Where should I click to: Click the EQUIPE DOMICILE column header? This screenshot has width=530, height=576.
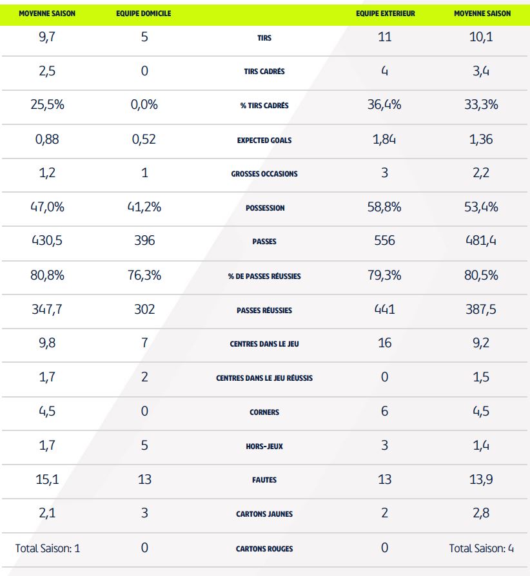point(144,14)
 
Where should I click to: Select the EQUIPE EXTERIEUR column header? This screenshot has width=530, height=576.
point(385,14)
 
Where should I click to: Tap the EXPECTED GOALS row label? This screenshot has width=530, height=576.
point(264,140)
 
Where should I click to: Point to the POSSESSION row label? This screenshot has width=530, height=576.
point(264,208)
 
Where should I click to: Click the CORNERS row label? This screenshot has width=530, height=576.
point(264,412)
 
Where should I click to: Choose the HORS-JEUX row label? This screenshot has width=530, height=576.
point(264,446)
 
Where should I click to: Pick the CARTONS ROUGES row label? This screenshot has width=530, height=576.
point(264,549)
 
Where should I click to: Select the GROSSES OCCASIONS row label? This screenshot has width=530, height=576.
point(264,174)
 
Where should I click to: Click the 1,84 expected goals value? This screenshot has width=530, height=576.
point(384,139)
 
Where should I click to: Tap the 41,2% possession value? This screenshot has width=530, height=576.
point(144,207)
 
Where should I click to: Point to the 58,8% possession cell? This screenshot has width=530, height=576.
point(384,207)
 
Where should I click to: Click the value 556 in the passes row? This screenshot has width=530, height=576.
point(384,241)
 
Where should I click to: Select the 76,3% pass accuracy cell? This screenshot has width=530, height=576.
point(144,275)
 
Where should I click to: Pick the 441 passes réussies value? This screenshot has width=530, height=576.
point(384,309)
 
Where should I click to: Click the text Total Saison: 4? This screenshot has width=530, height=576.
point(480,548)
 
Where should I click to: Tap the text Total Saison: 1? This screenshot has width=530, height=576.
point(48,548)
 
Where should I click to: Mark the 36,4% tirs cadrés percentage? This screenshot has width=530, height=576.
point(384,104)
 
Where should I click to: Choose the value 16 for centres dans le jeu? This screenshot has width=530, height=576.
point(384,343)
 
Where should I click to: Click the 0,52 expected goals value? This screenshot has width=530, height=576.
point(144,139)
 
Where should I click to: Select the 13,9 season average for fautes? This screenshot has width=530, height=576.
point(481,479)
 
